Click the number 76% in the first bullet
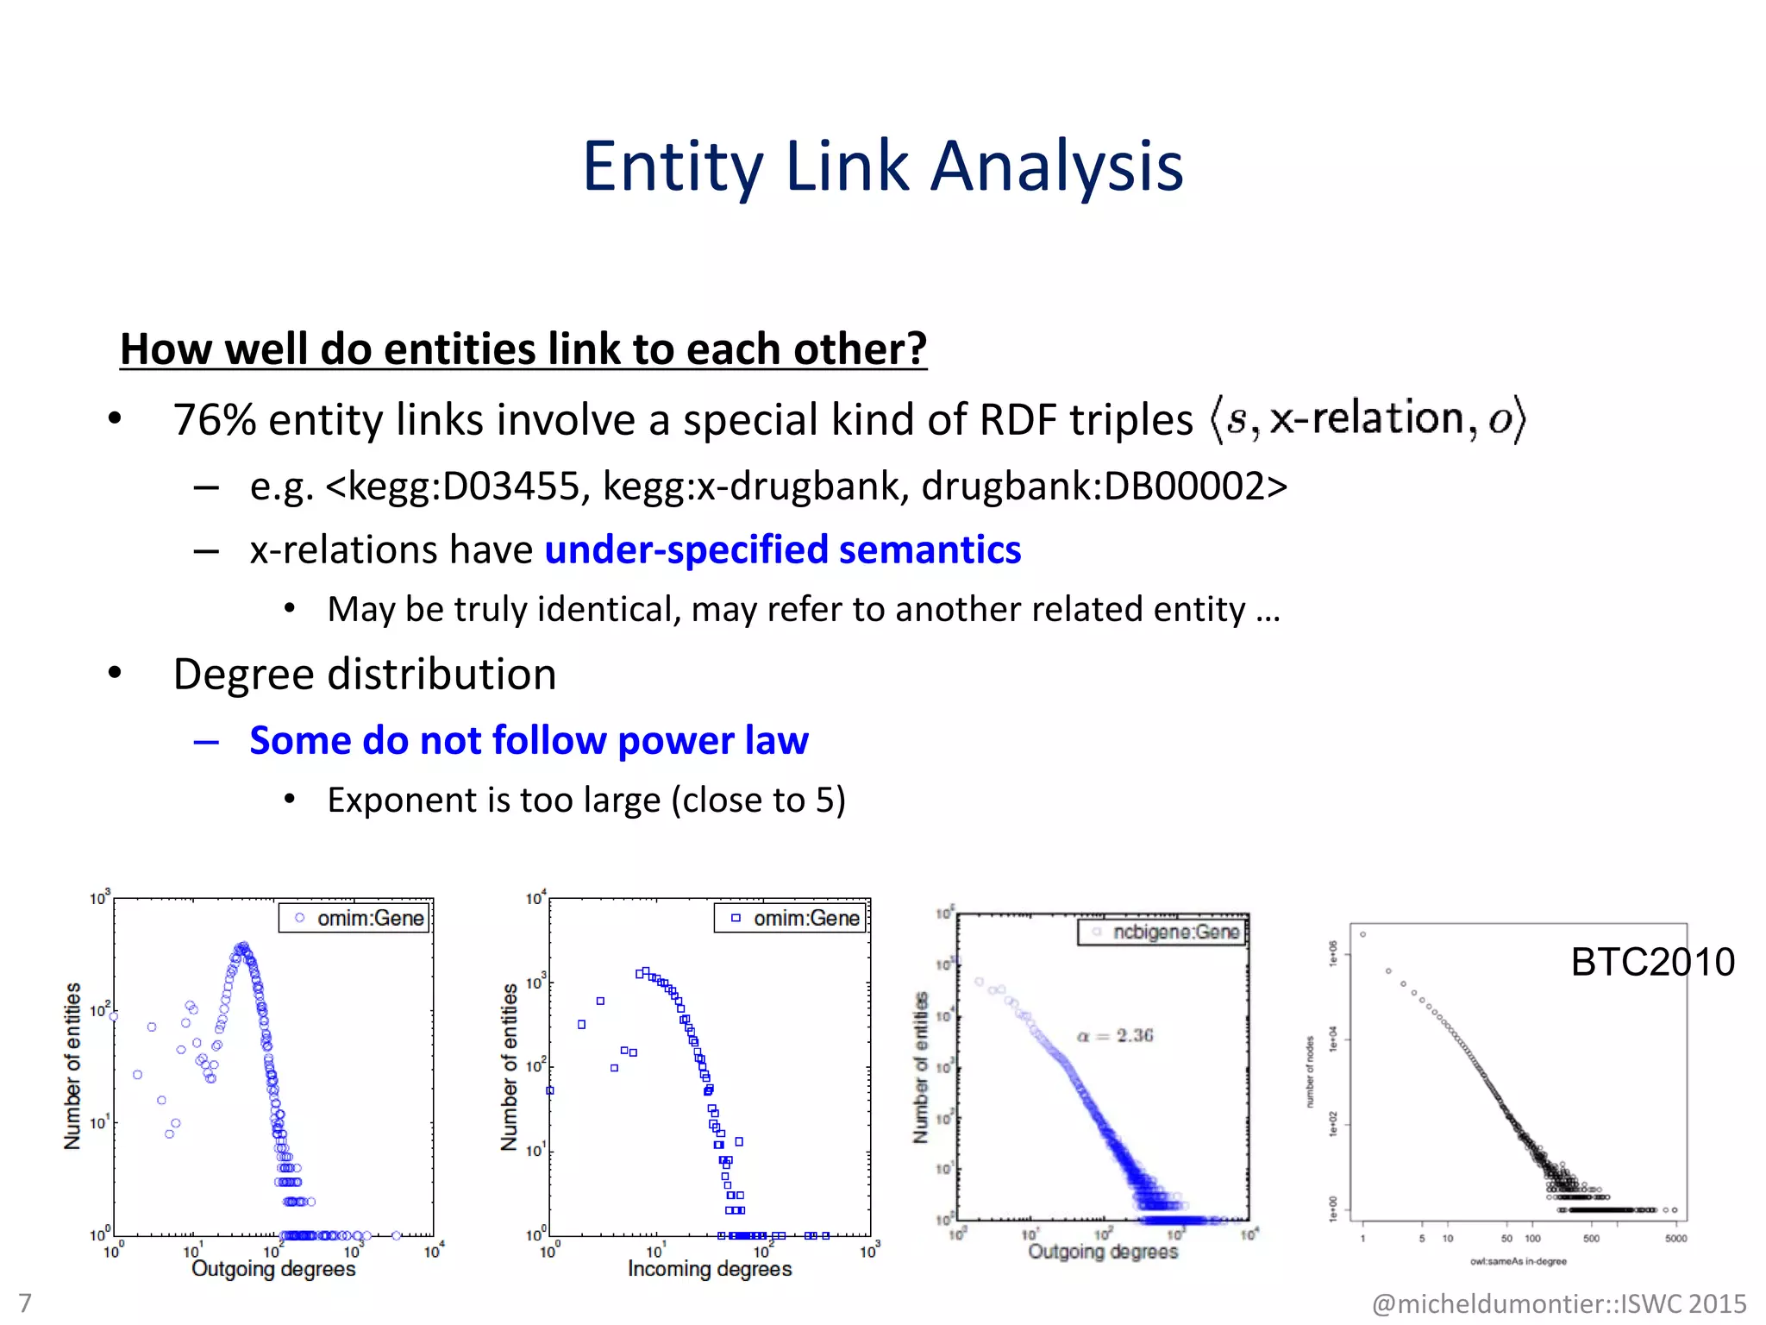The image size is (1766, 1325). coord(214,420)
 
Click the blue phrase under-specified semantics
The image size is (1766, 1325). coord(782,550)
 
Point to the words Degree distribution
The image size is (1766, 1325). coord(365,675)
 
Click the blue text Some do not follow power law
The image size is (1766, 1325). coord(529,741)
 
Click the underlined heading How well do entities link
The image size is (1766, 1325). coord(523,349)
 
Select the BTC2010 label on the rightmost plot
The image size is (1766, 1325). coord(1652,962)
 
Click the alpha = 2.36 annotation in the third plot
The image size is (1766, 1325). coord(1115,1035)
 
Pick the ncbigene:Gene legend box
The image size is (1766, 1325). coord(1162,933)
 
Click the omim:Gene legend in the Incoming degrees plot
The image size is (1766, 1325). coord(791,919)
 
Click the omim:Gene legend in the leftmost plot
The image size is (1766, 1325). coord(354,919)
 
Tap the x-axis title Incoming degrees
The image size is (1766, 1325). coord(709,1269)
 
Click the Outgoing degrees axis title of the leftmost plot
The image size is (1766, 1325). coord(273,1269)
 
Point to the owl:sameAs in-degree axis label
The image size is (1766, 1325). coord(1518,1262)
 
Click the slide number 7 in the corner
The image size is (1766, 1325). coord(25,1303)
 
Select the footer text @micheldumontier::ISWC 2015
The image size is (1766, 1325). coord(1558,1303)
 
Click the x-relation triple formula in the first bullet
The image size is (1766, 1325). coord(1368,419)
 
